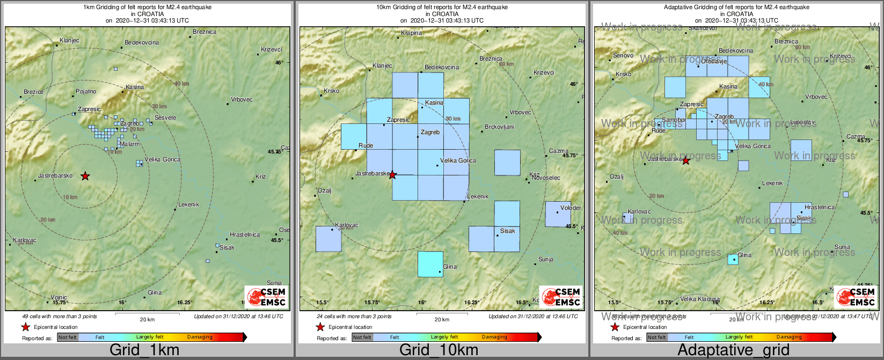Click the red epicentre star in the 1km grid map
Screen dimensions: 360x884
coord(85,176)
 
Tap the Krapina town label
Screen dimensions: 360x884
coord(412,33)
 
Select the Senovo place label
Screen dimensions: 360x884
coord(623,56)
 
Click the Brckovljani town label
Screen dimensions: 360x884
coord(499,127)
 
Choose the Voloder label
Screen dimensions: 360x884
coord(571,208)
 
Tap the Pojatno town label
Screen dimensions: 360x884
coord(86,92)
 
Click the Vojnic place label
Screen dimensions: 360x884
coord(59,298)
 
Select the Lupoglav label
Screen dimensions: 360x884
coord(803,123)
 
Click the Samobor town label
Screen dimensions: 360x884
coord(674,120)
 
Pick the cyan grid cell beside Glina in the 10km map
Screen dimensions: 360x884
coord(430,264)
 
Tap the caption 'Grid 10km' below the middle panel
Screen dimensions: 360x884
coord(439,350)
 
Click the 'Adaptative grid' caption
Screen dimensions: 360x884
coord(733,350)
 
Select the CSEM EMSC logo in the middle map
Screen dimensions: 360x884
coord(561,297)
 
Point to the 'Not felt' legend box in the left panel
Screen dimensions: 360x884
coord(68,337)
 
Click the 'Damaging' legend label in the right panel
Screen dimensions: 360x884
coord(789,337)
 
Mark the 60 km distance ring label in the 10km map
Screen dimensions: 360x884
coord(506,64)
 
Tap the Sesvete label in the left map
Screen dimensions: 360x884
coord(165,118)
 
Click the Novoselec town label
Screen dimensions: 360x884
coord(546,178)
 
